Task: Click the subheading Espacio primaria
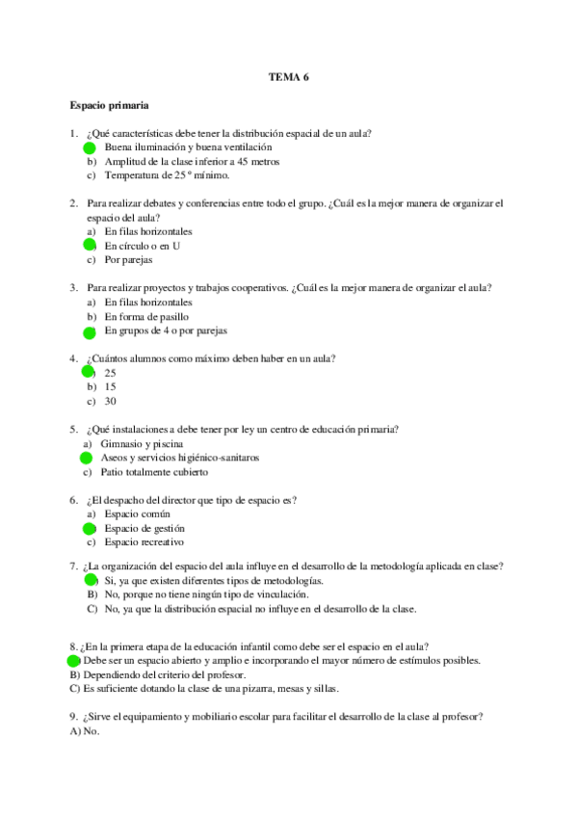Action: click(108, 105)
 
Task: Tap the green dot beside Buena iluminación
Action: click(90, 148)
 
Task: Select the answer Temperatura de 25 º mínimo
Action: click(167, 176)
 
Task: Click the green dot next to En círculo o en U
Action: click(90, 247)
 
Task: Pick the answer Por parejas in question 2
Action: click(128, 260)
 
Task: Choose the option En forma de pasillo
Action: click(146, 317)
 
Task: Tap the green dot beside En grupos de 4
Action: click(90, 332)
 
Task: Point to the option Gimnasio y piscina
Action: click(144, 444)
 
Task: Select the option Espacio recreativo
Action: click(144, 543)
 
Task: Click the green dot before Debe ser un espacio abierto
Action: click(74, 662)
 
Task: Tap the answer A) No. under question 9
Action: click(85, 731)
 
